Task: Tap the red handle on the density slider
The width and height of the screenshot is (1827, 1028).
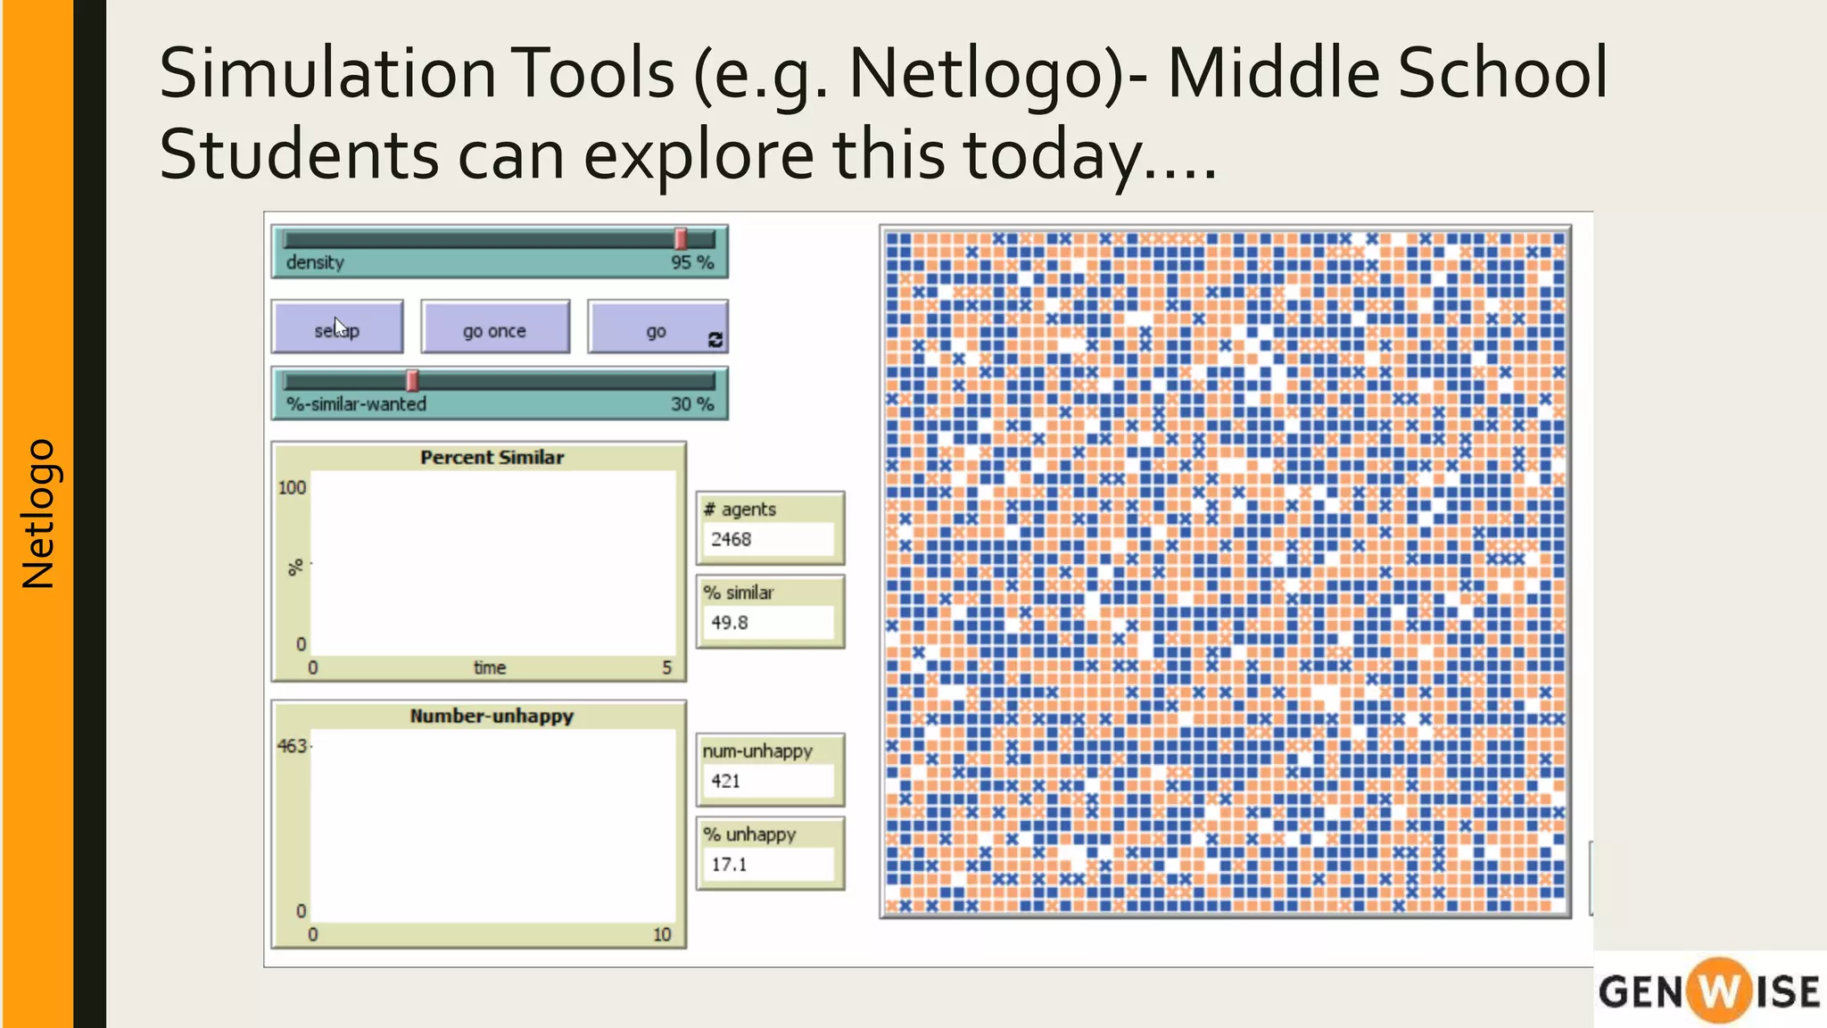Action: click(681, 238)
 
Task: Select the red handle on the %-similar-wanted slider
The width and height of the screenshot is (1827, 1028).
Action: click(412, 380)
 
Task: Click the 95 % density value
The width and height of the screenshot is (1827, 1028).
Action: click(692, 262)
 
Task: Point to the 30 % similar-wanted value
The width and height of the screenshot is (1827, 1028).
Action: click(692, 404)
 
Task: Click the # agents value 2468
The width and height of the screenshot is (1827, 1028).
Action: click(731, 539)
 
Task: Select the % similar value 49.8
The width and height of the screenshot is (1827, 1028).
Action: click(729, 623)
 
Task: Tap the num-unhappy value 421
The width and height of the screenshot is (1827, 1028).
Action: click(725, 781)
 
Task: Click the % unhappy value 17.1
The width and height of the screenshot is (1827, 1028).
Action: click(729, 864)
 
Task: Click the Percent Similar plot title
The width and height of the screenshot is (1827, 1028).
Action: click(492, 457)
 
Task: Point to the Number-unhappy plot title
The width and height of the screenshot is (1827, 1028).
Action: click(492, 716)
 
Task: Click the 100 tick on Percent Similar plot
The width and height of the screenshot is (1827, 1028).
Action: click(292, 488)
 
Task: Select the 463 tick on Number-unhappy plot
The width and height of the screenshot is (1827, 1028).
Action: click(293, 746)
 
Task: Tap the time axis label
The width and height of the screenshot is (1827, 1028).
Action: click(489, 667)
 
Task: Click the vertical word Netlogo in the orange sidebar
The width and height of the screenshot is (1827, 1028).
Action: click(38, 513)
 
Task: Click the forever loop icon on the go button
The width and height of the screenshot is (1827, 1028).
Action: click(715, 339)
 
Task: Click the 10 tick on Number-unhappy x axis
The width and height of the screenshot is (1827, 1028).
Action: click(661, 934)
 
